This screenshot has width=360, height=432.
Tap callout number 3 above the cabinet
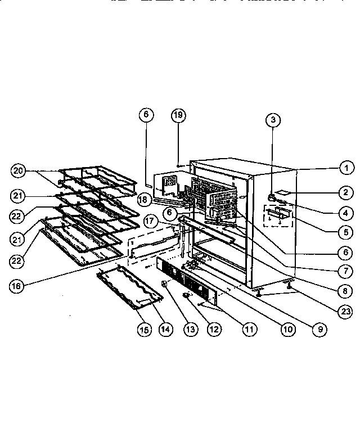(273, 119)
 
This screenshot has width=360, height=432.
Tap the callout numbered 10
(287, 330)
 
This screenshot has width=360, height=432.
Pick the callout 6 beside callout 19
(145, 114)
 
